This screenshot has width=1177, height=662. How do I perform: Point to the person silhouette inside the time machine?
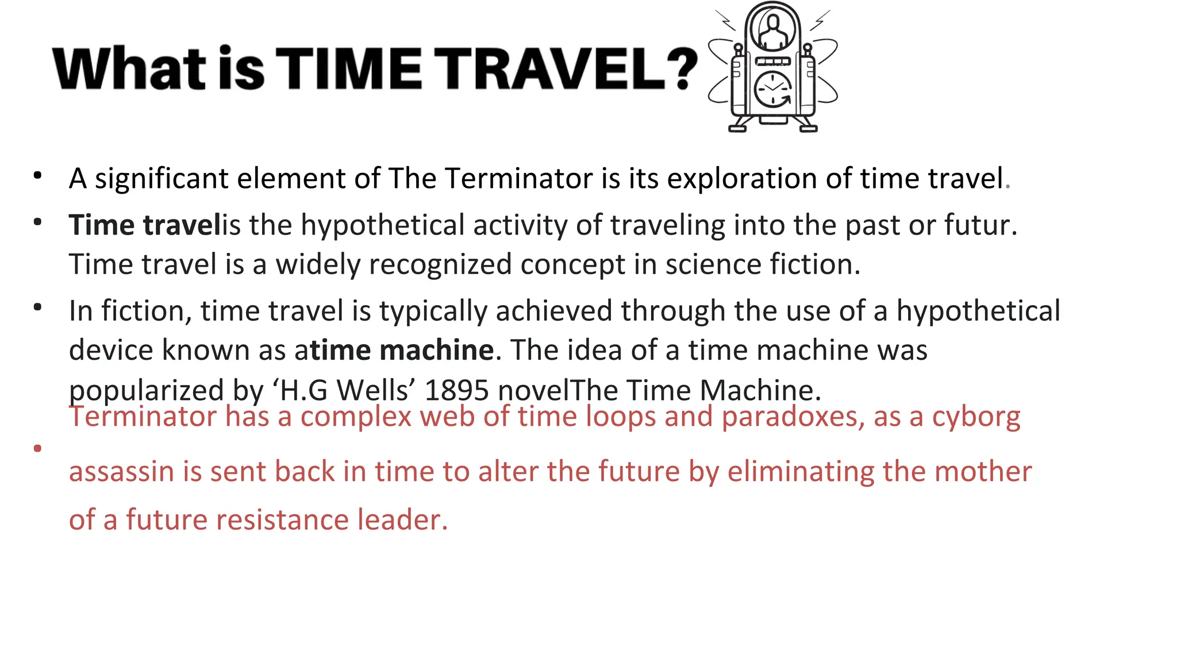click(772, 32)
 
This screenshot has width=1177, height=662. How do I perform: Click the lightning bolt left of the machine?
click(725, 20)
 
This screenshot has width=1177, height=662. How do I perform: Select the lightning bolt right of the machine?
click(820, 20)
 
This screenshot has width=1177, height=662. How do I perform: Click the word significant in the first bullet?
click(161, 179)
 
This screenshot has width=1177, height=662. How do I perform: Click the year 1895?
click(456, 390)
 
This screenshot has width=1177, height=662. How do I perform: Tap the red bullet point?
click(38, 448)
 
